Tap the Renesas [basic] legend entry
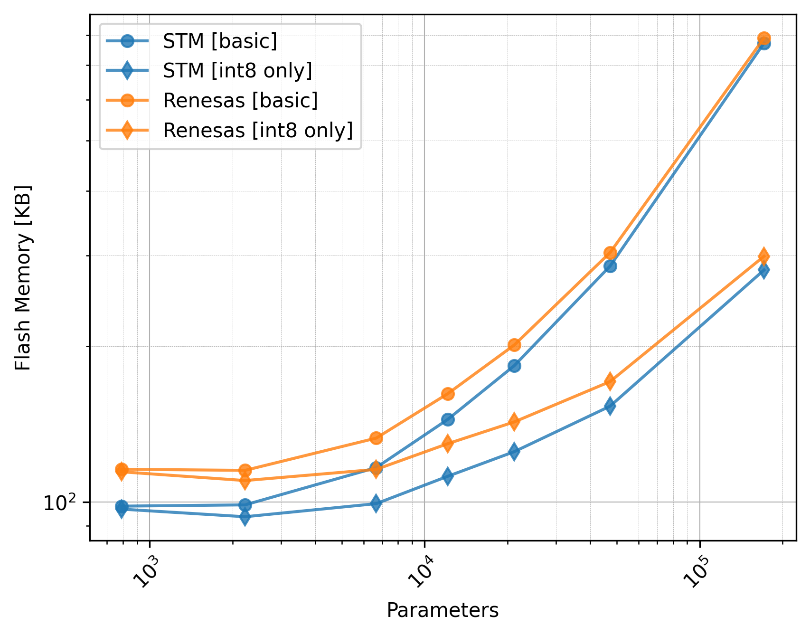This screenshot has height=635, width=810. tap(240, 100)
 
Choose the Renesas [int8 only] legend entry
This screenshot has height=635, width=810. tap(258, 130)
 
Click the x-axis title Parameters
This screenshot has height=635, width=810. tap(443, 610)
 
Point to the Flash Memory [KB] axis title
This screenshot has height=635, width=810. tap(23, 278)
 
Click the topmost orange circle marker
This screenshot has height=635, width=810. tap(764, 38)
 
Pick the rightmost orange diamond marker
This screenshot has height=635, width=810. tap(764, 256)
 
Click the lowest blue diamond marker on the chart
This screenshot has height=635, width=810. tap(245, 517)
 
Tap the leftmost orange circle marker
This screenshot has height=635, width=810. tap(122, 469)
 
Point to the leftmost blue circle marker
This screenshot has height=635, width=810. tap(122, 506)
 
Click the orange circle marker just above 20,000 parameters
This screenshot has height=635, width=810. tap(514, 345)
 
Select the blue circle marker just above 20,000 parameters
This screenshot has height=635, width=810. tap(514, 366)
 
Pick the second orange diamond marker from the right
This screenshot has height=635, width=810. tap(611, 381)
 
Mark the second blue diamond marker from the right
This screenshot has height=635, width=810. tap(611, 406)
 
